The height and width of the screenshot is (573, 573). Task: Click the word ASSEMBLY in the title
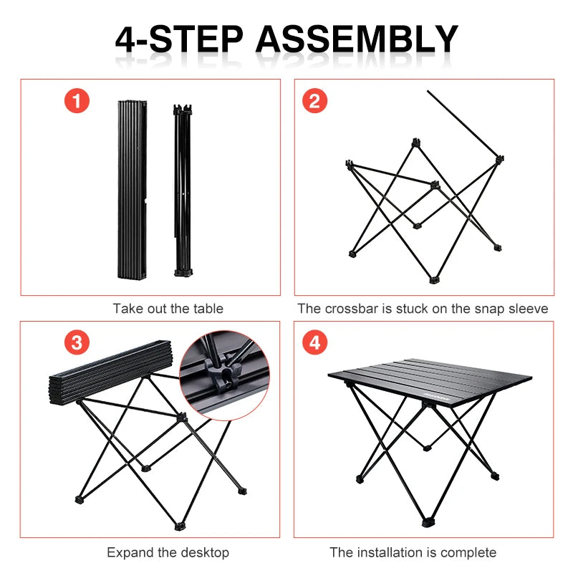(x=357, y=39)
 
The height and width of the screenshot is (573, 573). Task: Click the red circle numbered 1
(x=77, y=101)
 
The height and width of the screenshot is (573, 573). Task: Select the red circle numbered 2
(x=314, y=101)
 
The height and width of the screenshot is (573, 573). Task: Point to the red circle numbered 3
(x=77, y=342)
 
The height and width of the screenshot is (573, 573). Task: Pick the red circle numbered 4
(x=314, y=342)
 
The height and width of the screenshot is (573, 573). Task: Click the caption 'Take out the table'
(x=168, y=309)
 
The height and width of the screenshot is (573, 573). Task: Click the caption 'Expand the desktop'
(x=168, y=552)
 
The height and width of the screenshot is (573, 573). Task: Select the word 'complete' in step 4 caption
(x=471, y=552)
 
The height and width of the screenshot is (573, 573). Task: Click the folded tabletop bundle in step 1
(x=132, y=190)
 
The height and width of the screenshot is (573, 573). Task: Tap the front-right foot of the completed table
(x=495, y=474)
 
